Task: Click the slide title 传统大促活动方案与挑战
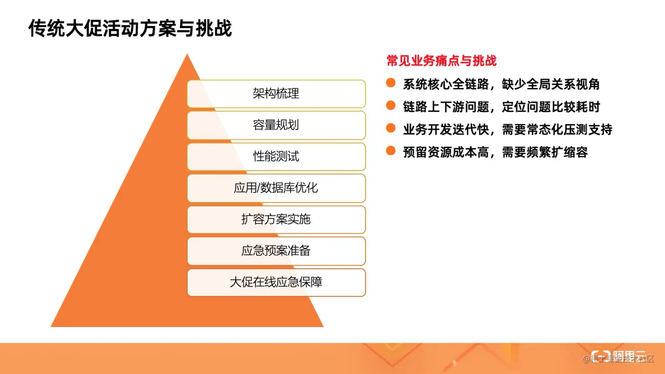click(130, 29)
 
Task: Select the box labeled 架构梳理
click(276, 94)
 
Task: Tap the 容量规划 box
click(276, 125)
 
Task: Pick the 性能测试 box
click(276, 157)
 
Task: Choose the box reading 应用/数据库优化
click(276, 188)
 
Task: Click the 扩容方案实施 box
click(276, 220)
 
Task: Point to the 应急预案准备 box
click(276, 251)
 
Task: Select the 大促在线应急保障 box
click(276, 282)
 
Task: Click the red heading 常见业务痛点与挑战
click(441, 61)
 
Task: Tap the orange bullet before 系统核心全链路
click(391, 83)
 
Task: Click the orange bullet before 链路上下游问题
click(391, 105)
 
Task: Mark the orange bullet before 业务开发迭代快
click(391, 128)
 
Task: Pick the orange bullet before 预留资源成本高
click(391, 151)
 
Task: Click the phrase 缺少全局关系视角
click(550, 84)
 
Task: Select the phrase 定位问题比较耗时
click(550, 107)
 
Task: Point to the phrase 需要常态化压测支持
click(557, 129)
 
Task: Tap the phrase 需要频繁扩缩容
click(545, 152)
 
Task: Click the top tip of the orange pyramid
click(187, 56)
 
